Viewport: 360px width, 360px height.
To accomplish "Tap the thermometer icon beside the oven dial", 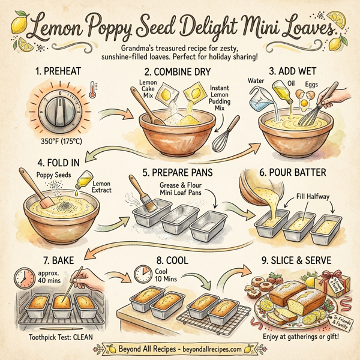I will [x=91, y=90].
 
